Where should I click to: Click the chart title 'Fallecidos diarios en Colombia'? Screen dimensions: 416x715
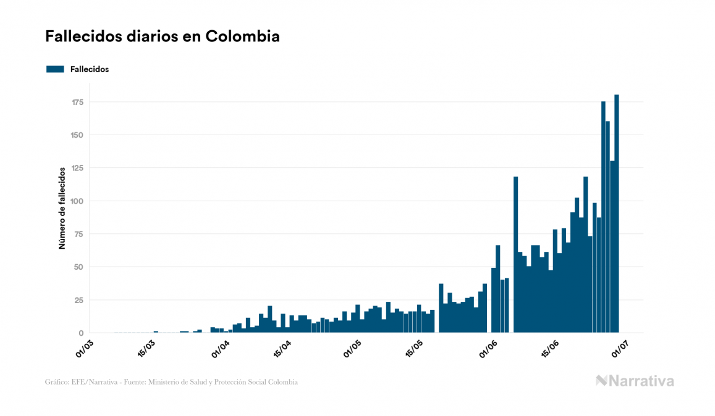162,36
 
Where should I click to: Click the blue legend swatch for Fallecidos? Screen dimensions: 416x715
55,69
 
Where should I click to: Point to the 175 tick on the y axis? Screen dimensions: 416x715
77,102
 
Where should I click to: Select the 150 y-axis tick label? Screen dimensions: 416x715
77,135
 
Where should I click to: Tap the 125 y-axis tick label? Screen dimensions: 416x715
77,168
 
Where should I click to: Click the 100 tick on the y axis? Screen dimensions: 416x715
77,201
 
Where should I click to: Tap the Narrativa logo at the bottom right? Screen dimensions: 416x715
635,381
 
